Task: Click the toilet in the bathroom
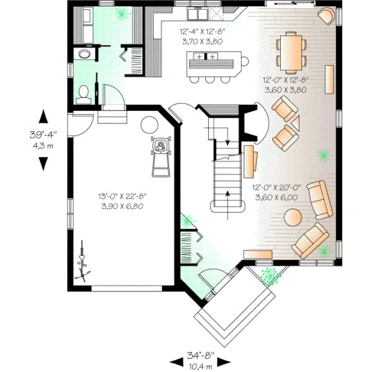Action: click(x=84, y=94)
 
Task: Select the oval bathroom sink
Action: click(x=82, y=56)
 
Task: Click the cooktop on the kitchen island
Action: click(x=205, y=58)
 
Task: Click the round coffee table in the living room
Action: click(x=291, y=217)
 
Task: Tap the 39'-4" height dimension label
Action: click(x=43, y=134)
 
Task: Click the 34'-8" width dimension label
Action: click(x=200, y=356)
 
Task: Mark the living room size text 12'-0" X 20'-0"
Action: click(x=277, y=187)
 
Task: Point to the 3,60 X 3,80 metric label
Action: click(x=285, y=89)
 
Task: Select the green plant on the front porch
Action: click(x=268, y=274)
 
